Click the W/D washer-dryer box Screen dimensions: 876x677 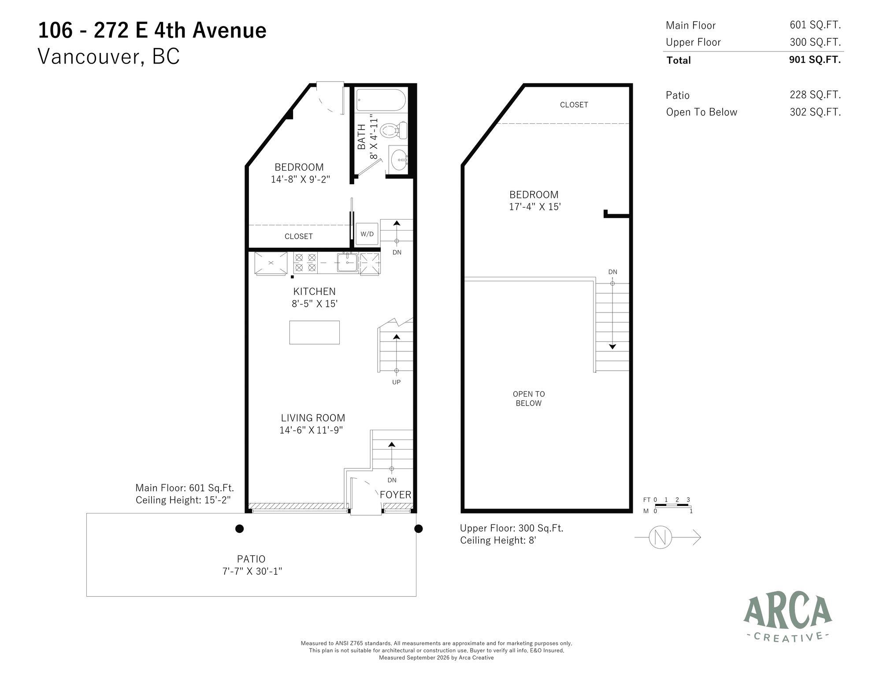click(x=367, y=234)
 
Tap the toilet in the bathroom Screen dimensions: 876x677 click(x=393, y=130)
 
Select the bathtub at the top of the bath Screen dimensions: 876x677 click(x=381, y=100)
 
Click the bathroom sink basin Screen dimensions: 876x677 click(x=399, y=158)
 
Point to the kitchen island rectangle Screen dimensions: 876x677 click(x=315, y=332)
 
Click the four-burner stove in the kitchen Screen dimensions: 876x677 click(x=305, y=263)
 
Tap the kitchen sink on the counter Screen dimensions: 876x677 click(x=348, y=263)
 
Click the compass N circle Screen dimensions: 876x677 click(x=661, y=537)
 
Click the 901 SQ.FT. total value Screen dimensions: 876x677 click(x=815, y=60)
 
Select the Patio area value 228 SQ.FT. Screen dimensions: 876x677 click(x=815, y=95)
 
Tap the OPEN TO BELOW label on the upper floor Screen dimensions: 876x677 click(x=529, y=398)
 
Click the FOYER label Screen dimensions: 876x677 click(x=396, y=495)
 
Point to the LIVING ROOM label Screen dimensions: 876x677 click(x=313, y=418)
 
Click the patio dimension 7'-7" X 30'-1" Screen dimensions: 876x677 click(x=252, y=571)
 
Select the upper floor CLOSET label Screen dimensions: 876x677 click(x=574, y=105)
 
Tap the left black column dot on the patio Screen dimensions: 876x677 click(x=239, y=528)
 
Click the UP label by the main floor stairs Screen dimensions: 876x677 click(x=396, y=382)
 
